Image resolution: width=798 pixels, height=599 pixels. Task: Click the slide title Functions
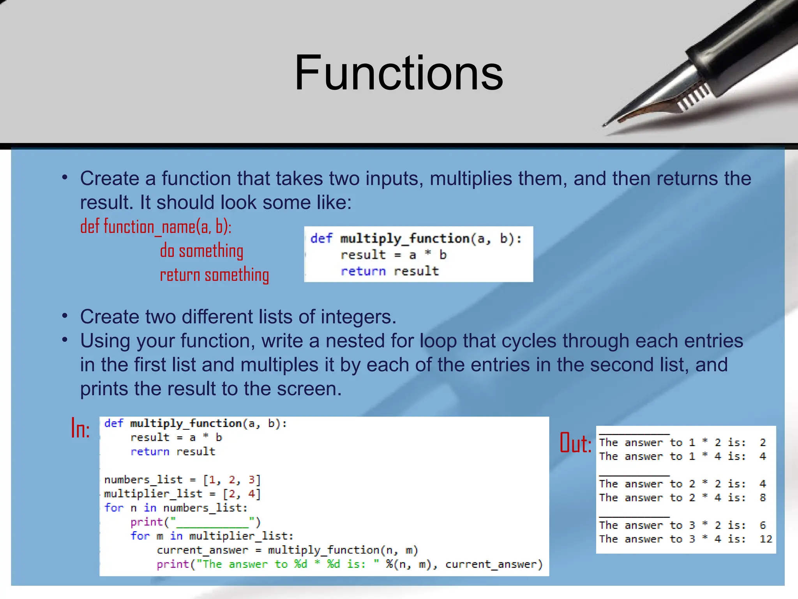(x=399, y=73)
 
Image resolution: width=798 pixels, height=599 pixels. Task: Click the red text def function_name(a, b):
(x=156, y=227)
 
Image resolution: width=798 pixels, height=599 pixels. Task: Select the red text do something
(x=201, y=251)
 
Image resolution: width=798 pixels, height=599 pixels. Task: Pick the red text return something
(x=214, y=275)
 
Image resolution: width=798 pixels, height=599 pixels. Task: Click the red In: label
(x=81, y=429)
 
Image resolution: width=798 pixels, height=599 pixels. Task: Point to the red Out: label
(x=576, y=443)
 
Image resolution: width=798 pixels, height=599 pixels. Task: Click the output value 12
(x=765, y=539)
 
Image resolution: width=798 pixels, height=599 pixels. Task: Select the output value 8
(x=763, y=498)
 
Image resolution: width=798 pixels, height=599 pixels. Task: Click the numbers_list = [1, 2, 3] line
(x=182, y=480)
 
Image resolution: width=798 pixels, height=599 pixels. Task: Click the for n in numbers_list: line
(x=176, y=508)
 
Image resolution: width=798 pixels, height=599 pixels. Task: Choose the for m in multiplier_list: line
(x=212, y=536)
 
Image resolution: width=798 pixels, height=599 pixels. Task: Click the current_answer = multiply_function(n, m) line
(x=287, y=550)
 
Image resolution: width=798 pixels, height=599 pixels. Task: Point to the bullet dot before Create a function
(x=65, y=178)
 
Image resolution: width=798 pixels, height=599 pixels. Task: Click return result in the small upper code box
(x=390, y=271)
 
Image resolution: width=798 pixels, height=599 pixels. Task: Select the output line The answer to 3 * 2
(x=672, y=526)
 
